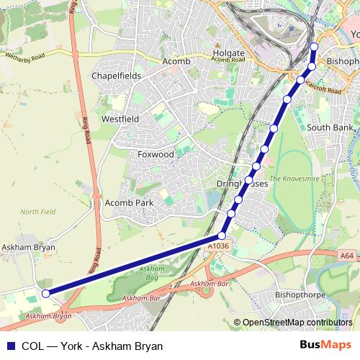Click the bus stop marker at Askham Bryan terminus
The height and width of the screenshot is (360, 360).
click(45, 293)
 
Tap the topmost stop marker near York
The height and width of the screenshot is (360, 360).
click(314, 48)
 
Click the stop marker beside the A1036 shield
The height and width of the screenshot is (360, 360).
click(222, 235)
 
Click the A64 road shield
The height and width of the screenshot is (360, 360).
click(346, 255)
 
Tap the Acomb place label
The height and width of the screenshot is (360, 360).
click(176, 62)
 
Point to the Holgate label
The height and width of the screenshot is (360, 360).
click(230, 53)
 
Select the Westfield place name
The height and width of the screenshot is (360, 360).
click(120, 118)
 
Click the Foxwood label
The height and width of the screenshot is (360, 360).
click(156, 154)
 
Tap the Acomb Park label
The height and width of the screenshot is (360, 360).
click(130, 204)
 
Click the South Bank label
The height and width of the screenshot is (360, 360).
click(330, 127)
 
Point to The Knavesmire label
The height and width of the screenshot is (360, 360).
click(293, 178)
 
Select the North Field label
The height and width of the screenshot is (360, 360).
click(38, 212)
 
